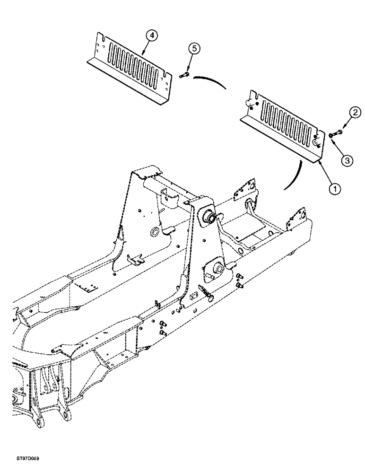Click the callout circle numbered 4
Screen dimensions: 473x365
coord(151,35)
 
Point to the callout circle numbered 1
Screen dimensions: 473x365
coord(335,190)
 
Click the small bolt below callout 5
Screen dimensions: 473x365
coord(184,74)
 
